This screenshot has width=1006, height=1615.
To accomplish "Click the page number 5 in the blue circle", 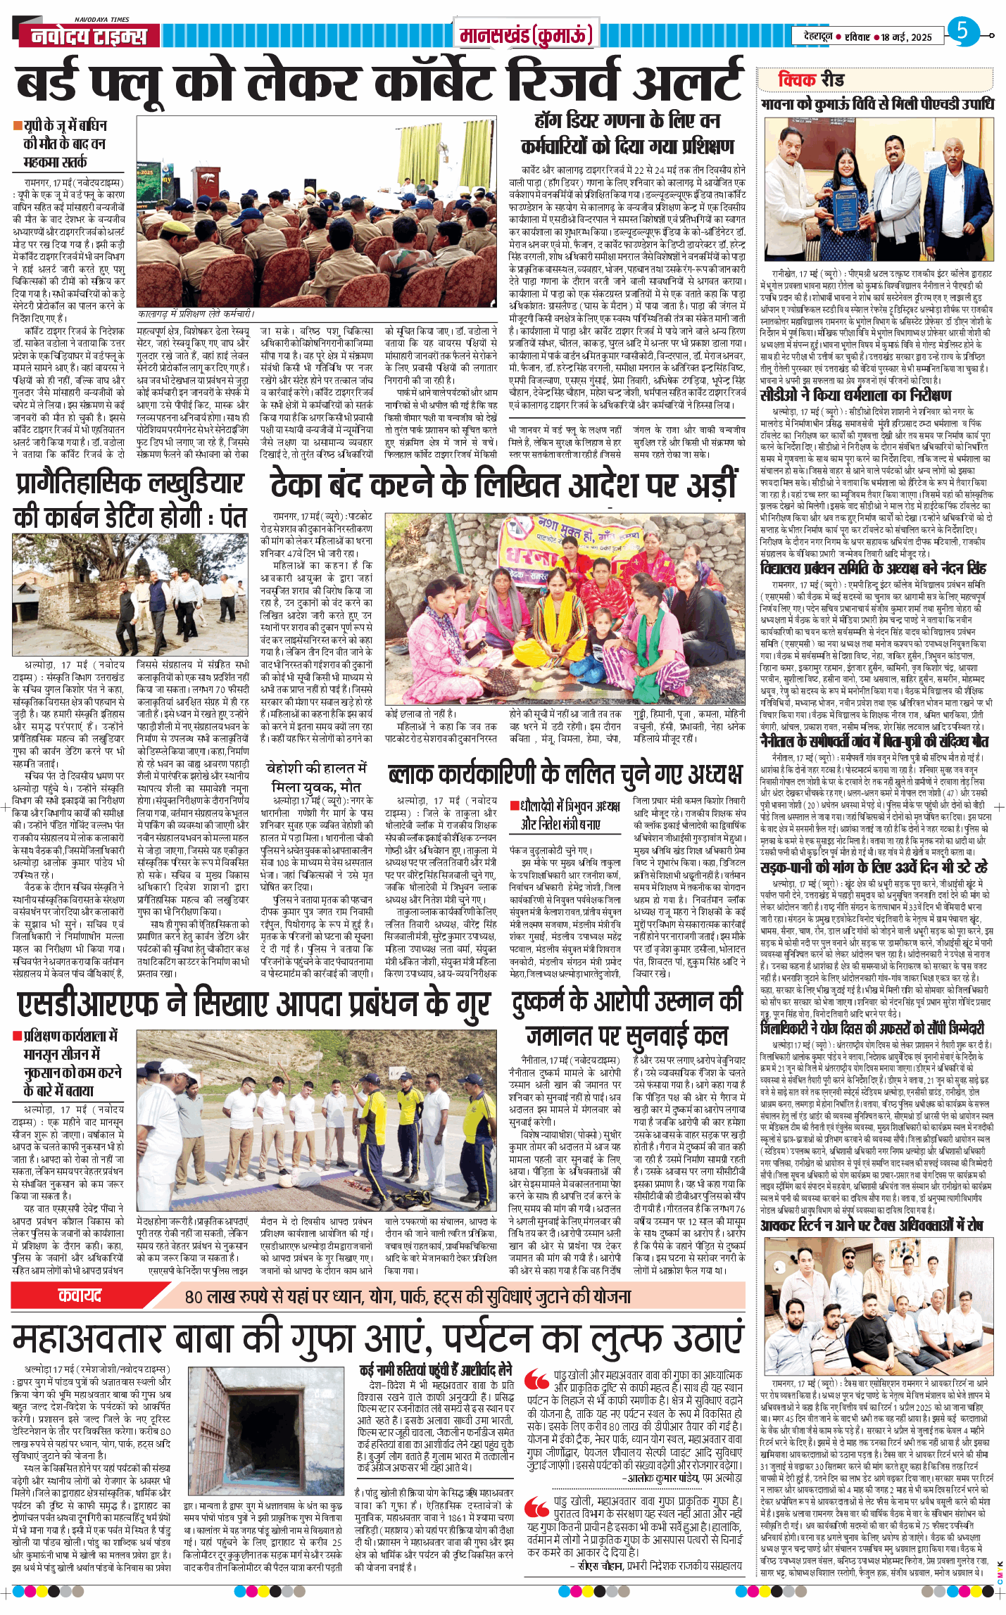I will point(962,32).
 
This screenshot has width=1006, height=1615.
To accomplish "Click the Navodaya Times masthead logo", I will point(89,36).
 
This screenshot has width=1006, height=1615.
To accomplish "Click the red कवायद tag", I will point(80,1296).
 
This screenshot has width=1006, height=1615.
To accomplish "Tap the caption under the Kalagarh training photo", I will point(195,314).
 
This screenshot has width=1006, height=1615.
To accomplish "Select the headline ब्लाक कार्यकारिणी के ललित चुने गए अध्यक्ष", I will point(565,774).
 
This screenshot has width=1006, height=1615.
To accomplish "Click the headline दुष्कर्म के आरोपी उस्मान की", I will point(627,1001).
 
